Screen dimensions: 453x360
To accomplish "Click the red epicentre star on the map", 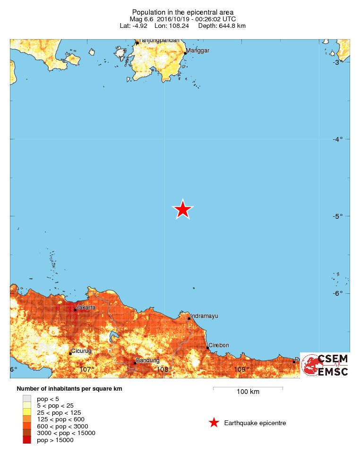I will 183,210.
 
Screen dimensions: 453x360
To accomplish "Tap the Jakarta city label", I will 86,308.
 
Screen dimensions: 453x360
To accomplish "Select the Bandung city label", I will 144,361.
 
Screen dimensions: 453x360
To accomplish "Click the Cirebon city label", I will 219,345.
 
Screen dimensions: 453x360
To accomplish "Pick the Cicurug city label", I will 81,351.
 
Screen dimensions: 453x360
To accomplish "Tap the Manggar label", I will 197,51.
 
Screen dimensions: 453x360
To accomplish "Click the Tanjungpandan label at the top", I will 159,41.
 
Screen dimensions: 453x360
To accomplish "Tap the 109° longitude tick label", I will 241,369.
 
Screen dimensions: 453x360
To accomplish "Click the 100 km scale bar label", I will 248,392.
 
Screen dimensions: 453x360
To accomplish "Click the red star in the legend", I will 214,423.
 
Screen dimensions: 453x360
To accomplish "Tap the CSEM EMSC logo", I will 325,365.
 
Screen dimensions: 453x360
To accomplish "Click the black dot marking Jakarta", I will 75,310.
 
